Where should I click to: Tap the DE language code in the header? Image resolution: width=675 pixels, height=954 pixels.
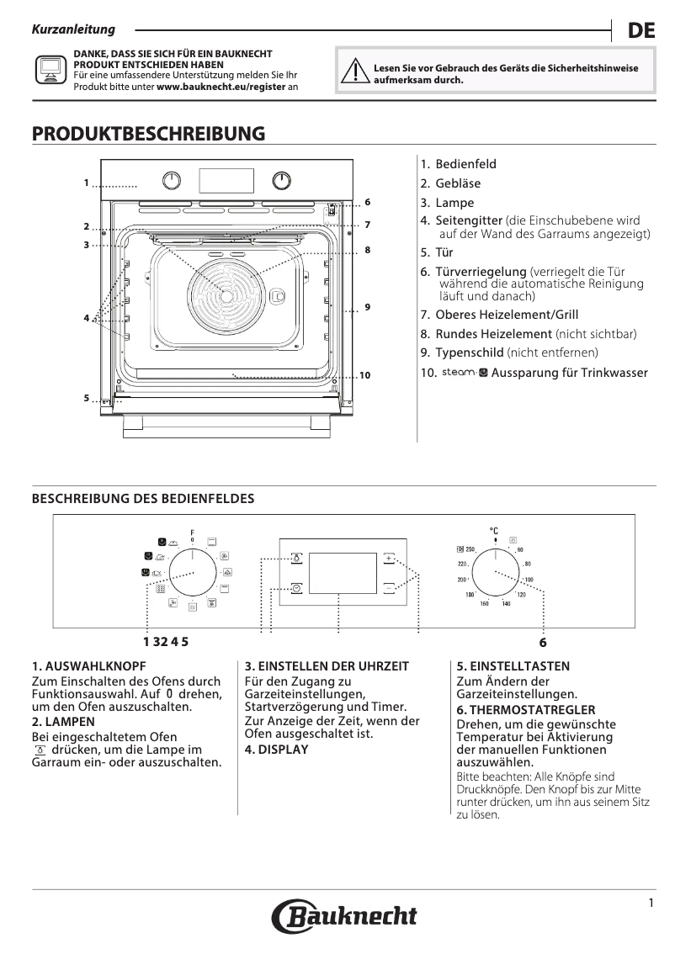(641, 31)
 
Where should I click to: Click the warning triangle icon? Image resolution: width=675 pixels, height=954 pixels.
(359, 73)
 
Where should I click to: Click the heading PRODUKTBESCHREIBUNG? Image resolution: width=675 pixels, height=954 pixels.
(148, 134)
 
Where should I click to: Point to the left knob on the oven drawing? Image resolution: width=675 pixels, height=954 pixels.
(172, 181)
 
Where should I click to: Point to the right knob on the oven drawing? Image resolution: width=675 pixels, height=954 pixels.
(282, 181)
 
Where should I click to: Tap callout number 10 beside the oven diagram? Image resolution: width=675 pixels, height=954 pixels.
(364, 374)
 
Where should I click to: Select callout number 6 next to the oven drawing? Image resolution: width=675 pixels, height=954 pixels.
(367, 203)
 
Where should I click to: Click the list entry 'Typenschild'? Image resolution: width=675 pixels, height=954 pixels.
(469, 352)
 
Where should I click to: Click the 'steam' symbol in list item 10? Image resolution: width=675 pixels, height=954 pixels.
(460, 372)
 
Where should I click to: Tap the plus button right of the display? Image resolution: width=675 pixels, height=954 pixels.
(390, 558)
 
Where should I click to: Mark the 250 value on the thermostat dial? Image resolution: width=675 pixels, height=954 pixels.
(470, 549)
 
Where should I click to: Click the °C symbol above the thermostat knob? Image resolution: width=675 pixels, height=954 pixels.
(494, 531)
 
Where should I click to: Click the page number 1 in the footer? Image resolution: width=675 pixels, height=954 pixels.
(651, 903)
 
